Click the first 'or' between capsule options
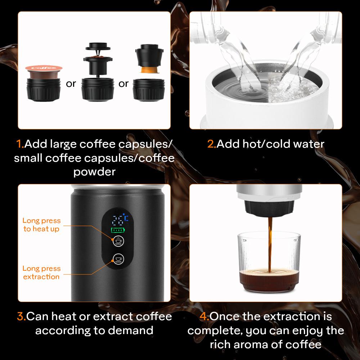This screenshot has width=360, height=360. tap(71, 84)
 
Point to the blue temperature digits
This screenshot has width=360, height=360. tap(117, 219)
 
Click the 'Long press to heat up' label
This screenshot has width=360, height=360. tap(41, 225)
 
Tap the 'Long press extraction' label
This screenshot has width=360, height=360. tap(41, 273)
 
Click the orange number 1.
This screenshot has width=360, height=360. tap(19, 144)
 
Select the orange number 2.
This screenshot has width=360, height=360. tap(211, 144)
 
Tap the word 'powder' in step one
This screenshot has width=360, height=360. tap(94, 172)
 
